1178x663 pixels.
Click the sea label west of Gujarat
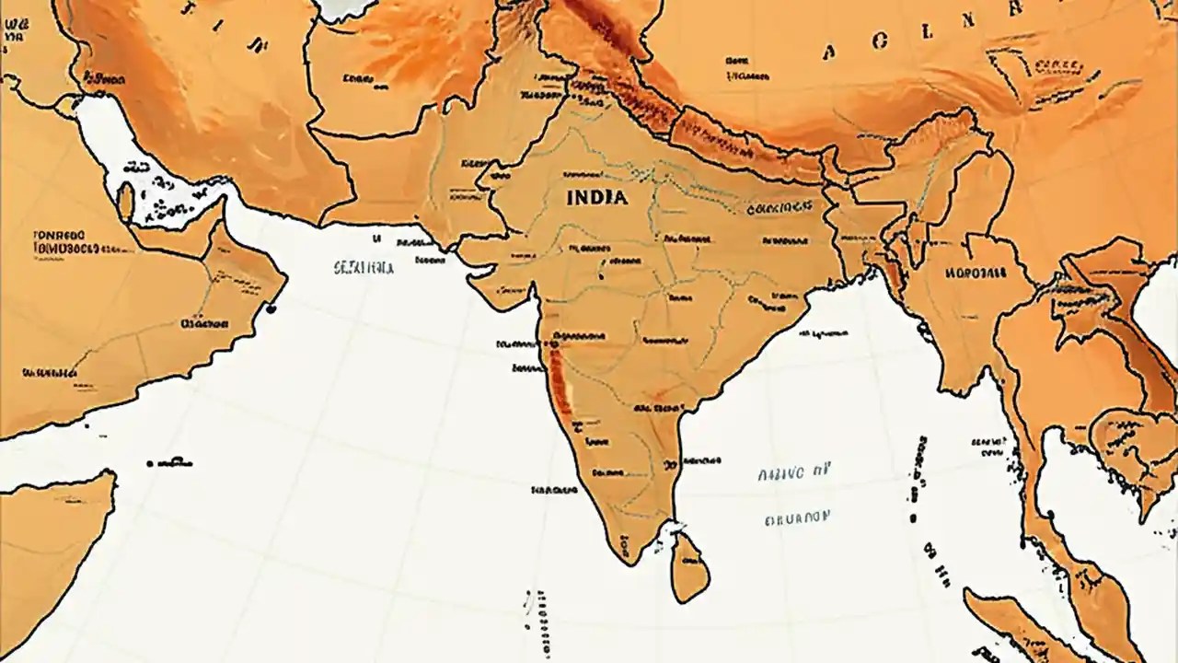[364, 268]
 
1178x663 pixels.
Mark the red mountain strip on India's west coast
[559, 382]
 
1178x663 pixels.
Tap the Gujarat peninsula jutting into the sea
[492, 281]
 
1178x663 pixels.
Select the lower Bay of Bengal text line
[797, 518]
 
